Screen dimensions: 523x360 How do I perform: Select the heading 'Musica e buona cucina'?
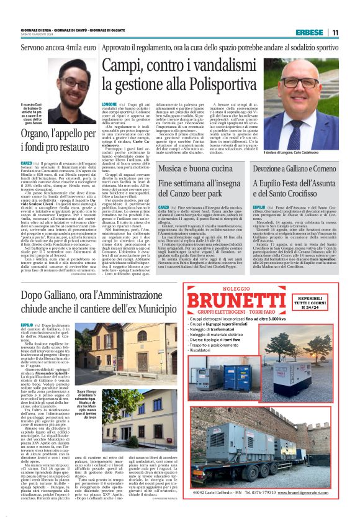(194, 168)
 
